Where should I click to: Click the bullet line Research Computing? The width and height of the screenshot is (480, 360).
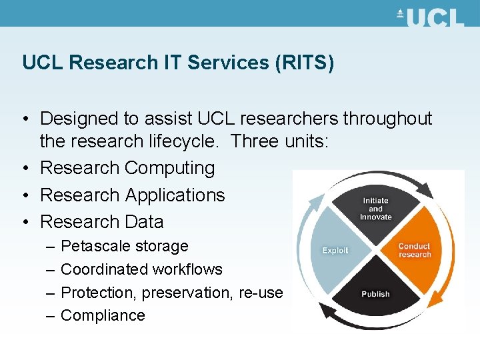tap(127, 168)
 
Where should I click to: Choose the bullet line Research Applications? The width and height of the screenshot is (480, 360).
tap(133, 195)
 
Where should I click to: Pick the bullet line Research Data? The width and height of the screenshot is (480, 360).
tap(101, 221)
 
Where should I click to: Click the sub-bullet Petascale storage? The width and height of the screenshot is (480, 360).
tap(124, 246)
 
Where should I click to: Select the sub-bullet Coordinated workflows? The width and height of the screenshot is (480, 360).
tap(141, 269)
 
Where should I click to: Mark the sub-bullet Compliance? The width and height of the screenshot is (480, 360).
tap(103, 315)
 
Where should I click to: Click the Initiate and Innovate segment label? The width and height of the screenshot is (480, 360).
tap(375, 209)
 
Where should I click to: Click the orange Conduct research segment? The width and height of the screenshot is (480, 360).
tap(415, 251)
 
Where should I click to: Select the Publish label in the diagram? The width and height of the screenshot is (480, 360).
tap(375, 294)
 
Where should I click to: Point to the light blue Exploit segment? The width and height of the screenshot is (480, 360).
tap(335, 251)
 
